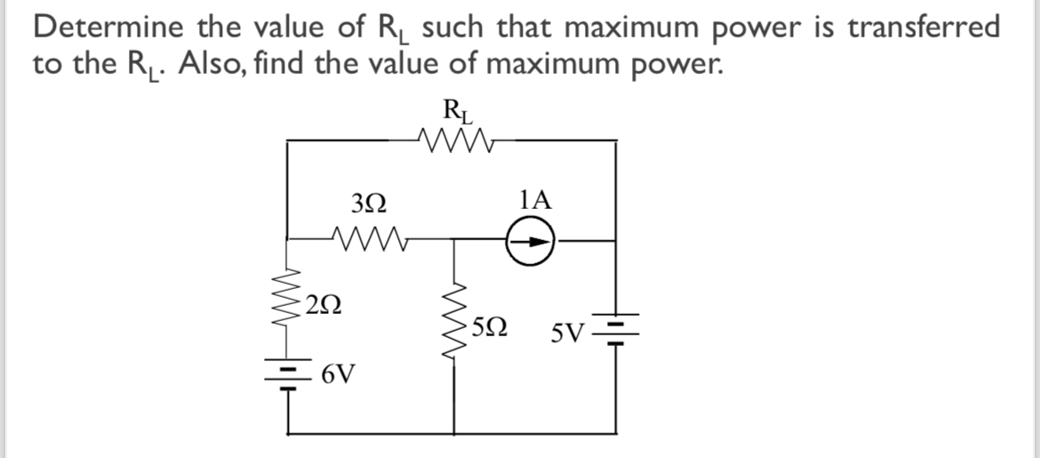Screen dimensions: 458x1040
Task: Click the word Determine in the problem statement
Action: point(109,28)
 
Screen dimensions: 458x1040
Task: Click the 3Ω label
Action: point(369,204)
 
